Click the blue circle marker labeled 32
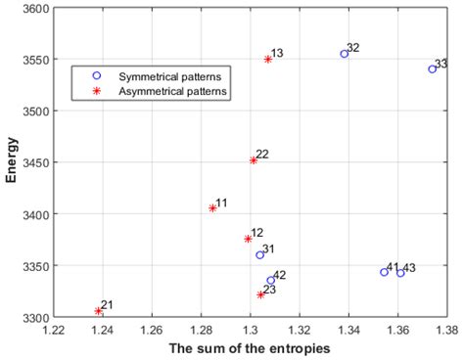(x=344, y=54)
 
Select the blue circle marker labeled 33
(x=432, y=68)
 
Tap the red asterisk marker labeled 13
(x=267, y=59)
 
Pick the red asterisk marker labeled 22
(x=254, y=159)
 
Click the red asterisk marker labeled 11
(x=212, y=207)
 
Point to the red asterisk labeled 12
(x=248, y=238)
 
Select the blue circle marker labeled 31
(x=259, y=254)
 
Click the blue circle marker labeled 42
(x=271, y=281)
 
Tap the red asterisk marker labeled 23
(x=260, y=294)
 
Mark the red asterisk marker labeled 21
(x=99, y=310)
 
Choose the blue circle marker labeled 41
(x=384, y=272)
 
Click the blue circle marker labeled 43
(x=400, y=273)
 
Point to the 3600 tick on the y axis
(x=33, y=8)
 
